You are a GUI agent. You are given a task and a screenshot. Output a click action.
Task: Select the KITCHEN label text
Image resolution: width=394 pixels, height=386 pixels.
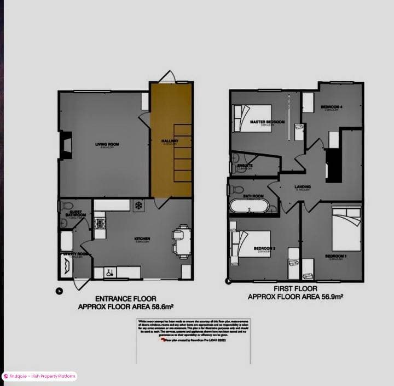click(142, 239)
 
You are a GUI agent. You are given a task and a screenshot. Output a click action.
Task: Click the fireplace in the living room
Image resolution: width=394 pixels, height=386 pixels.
click(66, 145)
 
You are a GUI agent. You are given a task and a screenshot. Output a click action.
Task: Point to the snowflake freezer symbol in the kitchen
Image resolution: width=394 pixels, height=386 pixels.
click(138, 205)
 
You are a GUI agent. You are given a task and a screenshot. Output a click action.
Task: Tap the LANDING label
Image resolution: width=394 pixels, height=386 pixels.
click(302, 187)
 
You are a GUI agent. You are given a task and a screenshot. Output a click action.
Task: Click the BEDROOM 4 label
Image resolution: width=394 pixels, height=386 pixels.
click(331, 106)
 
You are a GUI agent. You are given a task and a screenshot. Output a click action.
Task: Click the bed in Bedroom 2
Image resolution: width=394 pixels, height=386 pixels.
click(253, 243)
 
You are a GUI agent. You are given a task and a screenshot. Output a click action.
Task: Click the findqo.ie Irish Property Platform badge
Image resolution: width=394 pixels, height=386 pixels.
click(39, 377)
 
